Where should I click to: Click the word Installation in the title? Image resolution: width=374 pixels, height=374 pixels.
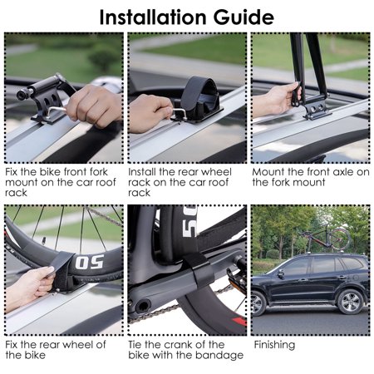(154, 17)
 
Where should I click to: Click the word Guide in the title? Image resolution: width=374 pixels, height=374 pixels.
(244, 17)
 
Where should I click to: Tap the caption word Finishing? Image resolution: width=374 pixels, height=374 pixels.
(274, 345)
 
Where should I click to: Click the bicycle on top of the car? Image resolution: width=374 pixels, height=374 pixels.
(327, 239)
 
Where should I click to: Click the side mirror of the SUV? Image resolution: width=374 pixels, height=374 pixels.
(281, 274)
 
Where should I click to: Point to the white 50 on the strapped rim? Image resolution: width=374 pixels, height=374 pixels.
(90, 262)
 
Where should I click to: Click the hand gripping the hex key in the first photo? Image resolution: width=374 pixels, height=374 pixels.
(94, 106)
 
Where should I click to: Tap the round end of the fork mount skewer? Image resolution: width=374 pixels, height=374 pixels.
(22, 95)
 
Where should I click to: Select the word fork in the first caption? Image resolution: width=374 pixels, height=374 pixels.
(98, 172)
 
